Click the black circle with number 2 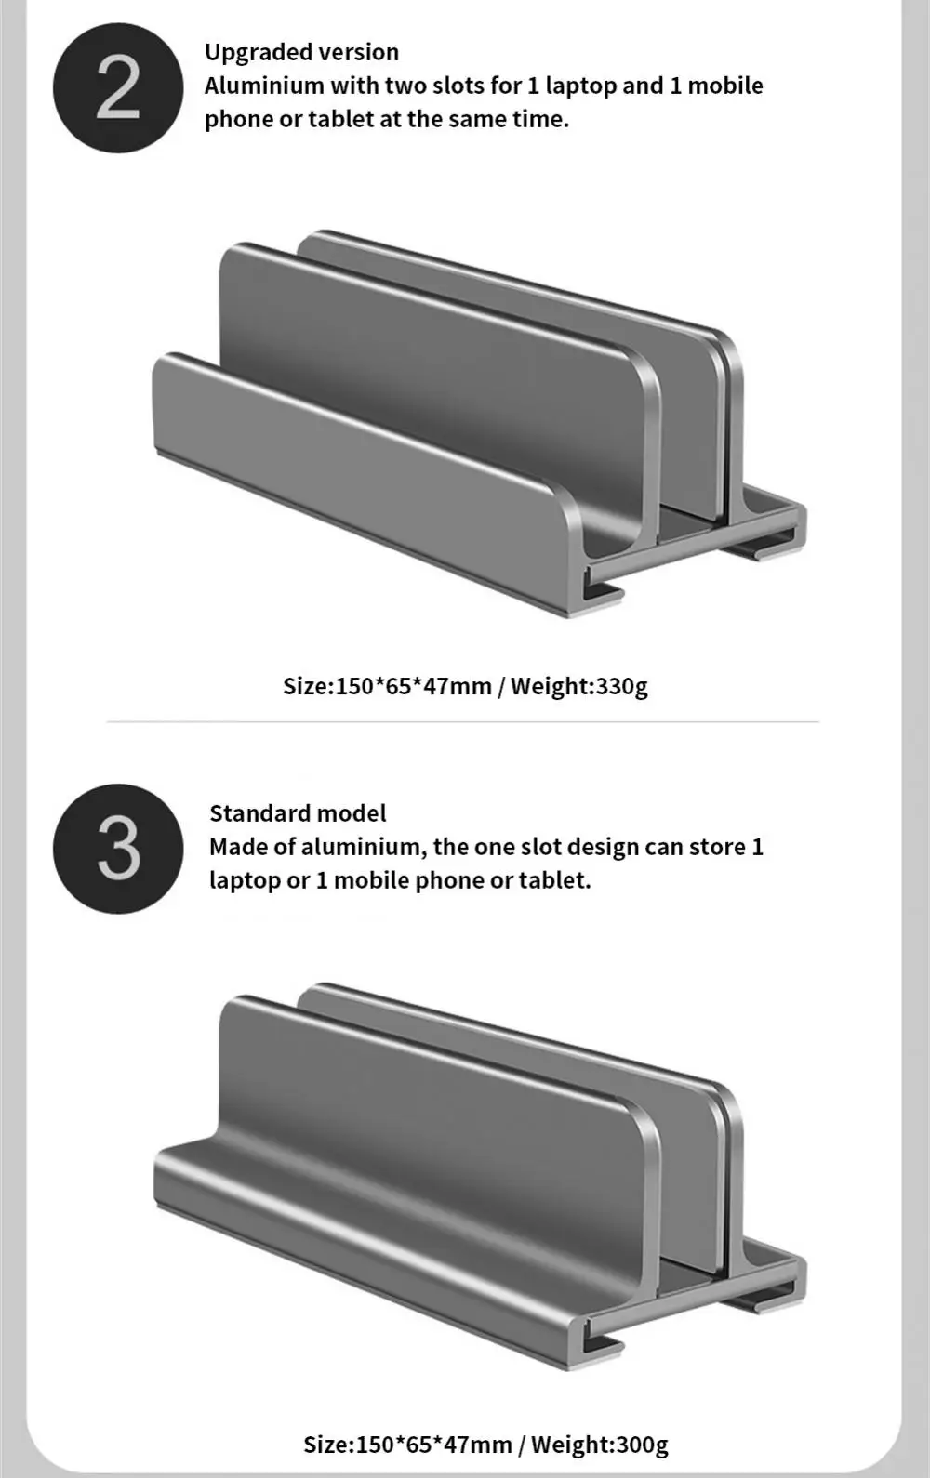pos(118,87)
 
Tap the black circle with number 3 pos(118,849)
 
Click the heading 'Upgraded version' pos(301,52)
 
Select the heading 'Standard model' pos(298,812)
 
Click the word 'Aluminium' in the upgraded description pos(264,86)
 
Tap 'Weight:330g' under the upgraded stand pos(578,686)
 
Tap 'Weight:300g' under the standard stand pos(599,1445)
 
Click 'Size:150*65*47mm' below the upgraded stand pos(388,686)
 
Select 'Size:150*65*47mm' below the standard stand pos(408,1445)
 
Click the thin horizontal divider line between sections pos(463,722)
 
